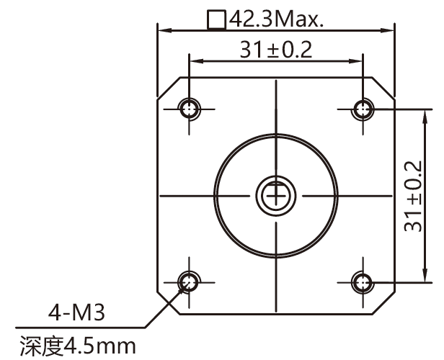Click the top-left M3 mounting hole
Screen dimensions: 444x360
tap(189, 109)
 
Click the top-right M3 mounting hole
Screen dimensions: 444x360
tap(363, 109)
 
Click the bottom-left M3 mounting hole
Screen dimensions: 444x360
tap(189, 282)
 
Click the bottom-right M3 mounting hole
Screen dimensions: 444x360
tap(363, 282)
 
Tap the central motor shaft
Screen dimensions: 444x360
tap(276, 195)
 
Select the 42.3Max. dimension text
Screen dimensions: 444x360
tap(276, 19)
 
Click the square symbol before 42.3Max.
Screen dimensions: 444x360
tap(217, 19)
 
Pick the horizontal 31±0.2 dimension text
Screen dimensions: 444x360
tap(276, 50)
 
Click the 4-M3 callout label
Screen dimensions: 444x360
tap(76, 312)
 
